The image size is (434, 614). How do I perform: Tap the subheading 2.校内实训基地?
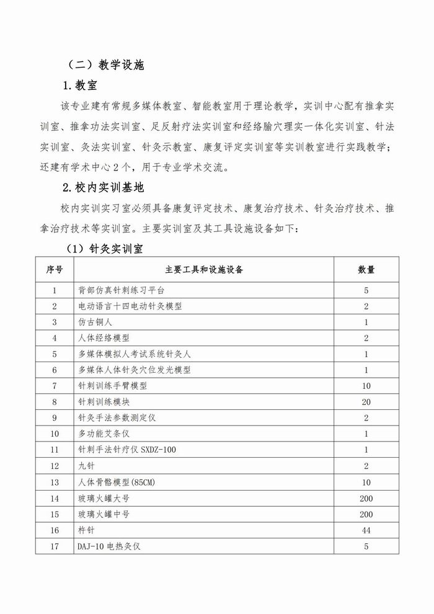[104, 186]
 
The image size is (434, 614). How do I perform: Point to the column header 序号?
[55, 270]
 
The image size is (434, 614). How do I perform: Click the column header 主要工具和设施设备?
[204, 270]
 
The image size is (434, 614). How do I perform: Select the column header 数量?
[366, 270]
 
